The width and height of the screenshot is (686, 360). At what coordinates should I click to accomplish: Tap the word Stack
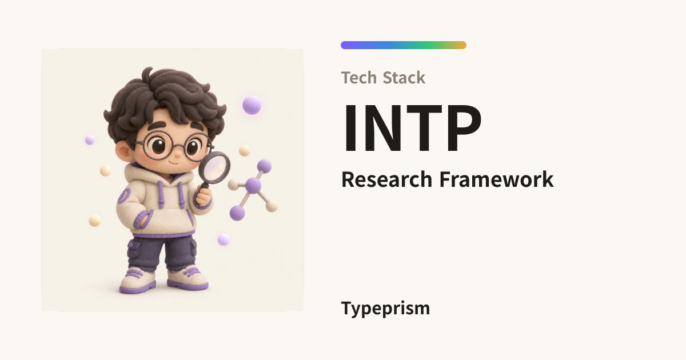(404, 78)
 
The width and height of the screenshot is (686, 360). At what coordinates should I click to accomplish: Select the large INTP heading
(412, 128)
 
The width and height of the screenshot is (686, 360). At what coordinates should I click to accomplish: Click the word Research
(386, 179)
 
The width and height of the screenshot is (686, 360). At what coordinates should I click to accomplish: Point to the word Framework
(496, 179)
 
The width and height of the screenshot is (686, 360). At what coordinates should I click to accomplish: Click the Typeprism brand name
(385, 309)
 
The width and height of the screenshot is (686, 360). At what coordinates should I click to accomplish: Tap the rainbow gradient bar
(404, 45)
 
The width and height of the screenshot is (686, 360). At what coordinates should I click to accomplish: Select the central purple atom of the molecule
(253, 186)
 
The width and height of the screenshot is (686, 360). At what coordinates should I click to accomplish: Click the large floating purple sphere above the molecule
(252, 105)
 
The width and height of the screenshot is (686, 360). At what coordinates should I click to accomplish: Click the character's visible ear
(124, 151)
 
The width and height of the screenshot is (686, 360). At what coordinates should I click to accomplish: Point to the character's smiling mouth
(174, 162)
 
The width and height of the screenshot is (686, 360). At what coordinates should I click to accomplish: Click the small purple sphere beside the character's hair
(90, 140)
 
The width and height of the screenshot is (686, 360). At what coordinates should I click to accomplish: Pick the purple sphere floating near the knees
(224, 239)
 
